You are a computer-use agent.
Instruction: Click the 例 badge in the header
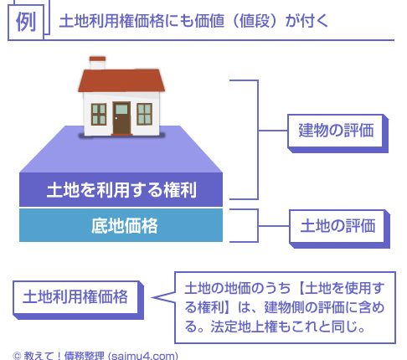pos(26,22)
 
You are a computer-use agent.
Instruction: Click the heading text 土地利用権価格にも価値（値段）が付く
pos(193,21)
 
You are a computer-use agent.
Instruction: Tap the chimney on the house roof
pos(97,63)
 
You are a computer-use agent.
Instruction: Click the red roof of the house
pos(121,80)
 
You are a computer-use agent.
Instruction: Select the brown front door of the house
pos(121,119)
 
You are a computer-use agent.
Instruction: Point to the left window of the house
pos(99,114)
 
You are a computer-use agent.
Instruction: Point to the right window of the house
pos(144,114)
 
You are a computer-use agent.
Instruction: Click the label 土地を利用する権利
pos(121,190)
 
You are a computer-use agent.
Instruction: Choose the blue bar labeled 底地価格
pos(121,225)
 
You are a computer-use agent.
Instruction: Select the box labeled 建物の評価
pos(337,133)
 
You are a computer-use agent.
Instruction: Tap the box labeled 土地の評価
pos(339,229)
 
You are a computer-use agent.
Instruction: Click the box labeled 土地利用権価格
pos(78,300)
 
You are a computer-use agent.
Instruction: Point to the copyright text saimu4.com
pos(142,356)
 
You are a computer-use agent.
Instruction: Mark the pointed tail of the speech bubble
pos(153,297)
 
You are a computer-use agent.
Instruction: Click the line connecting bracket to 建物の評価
pos(273,131)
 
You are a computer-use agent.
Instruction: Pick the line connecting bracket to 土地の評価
pos(274,226)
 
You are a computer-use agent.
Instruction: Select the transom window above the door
pos(121,109)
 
